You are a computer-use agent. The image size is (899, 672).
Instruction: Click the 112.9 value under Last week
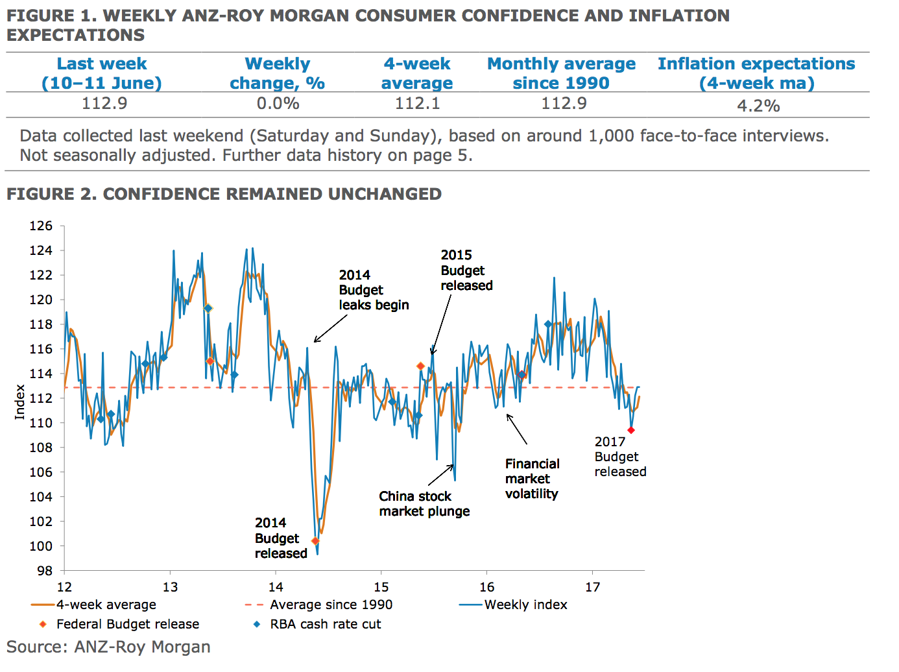pos(104,104)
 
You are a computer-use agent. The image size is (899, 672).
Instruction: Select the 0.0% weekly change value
pos(278,104)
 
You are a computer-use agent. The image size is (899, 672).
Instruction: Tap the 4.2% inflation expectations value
pos(758,106)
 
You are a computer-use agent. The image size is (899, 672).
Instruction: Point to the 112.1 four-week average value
pos(417,104)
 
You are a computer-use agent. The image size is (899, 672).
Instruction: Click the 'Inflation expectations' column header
pos(756,73)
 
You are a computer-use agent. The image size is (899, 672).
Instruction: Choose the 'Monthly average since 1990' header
pos(561,73)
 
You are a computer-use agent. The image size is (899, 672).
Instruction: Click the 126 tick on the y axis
pos(41,226)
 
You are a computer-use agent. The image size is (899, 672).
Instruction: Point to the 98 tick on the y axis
pos(45,571)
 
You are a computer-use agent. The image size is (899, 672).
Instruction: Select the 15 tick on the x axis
pos(381,587)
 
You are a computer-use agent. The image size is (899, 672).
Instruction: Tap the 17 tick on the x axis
pos(592,587)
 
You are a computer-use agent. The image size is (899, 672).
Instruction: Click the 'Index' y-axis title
pos(20,402)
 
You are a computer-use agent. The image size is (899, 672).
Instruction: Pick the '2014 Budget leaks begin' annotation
pos(374,290)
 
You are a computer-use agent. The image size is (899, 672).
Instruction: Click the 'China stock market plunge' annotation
pos(424,504)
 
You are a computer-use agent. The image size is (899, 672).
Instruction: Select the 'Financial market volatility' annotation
pos(532,479)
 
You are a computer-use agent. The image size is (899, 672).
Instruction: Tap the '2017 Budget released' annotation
pos(620,457)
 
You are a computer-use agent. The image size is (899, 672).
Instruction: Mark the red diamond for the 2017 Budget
pos(631,430)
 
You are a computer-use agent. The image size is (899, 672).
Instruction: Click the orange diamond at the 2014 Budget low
pos(315,541)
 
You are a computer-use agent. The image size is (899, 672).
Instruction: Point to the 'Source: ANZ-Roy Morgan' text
pos(108,647)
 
